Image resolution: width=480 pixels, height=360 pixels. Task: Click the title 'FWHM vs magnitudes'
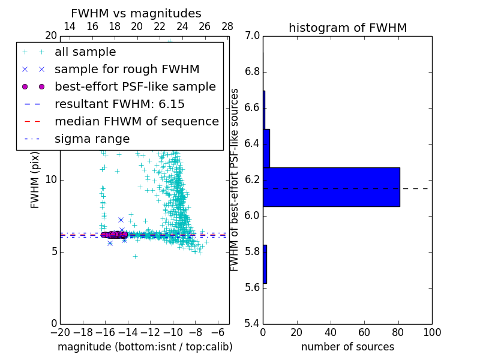[x=136, y=13]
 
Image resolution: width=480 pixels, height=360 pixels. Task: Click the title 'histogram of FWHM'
[x=347, y=28]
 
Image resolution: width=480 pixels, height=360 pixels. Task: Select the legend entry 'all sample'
[x=85, y=52]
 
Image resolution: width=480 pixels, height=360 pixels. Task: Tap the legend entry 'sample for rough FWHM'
[x=127, y=70]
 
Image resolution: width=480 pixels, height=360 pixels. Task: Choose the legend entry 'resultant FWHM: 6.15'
[x=119, y=104]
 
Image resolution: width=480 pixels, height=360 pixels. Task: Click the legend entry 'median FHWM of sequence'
[x=136, y=122]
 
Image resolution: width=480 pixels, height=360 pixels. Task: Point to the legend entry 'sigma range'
[x=92, y=139]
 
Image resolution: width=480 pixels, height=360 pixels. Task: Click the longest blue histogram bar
[x=331, y=187]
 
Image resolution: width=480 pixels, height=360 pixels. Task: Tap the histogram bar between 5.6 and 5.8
[x=265, y=264]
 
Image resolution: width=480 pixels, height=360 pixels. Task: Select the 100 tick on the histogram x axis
[x=431, y=332]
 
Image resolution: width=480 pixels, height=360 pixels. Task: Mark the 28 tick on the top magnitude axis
[x=227, y=26]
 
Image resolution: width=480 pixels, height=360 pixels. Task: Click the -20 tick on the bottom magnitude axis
[x=60, y=332]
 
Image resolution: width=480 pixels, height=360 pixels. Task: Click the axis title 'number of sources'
[x=347, y=347]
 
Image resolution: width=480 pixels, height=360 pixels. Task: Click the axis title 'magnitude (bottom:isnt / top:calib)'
[x=145, y=347]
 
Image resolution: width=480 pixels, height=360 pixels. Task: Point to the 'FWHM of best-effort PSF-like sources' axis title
[x=235, y=179]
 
